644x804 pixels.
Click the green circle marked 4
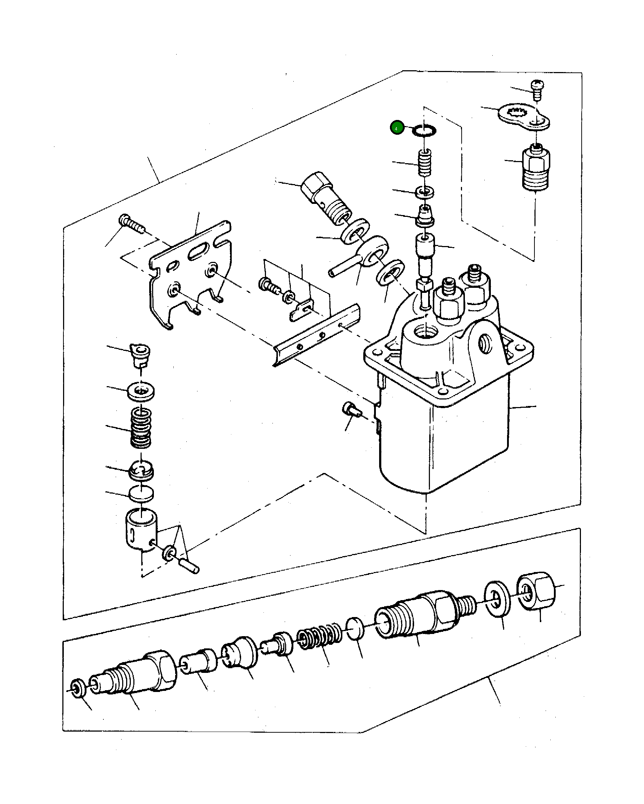[397, 128]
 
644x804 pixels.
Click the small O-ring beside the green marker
[424, 131]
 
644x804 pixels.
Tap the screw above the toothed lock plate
[537, 89]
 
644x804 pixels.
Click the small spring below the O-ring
[424, 162]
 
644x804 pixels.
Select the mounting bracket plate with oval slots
[190, 272]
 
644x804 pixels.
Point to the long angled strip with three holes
[317, 334]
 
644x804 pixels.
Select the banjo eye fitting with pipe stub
[369, 254]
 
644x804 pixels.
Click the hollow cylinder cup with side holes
[141, 529]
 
